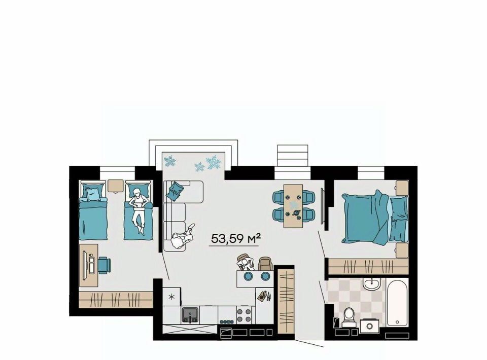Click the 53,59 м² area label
click(x=235, y=239)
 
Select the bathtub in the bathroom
click(x=397, y=303)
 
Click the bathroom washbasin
click(x=371, y=284)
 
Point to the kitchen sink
click(x=190, y=315)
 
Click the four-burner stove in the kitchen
click(x=244, y=315)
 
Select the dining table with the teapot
click(x=293, y=206)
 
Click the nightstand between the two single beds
click(x=116, y=186)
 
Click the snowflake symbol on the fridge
click(x=171, y=297)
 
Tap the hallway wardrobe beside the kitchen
click(x=286, y=302)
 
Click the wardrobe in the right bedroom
click(x=368, y=266)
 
